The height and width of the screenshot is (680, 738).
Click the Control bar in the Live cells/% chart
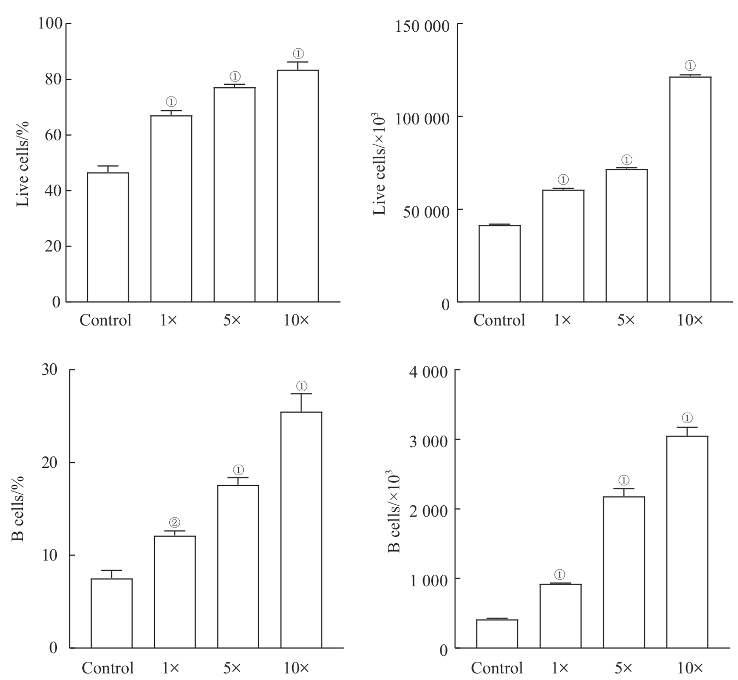click(108, 237)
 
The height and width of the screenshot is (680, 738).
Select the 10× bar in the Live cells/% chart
click(298, 186)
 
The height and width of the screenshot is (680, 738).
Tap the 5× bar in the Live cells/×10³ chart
click(626, 236)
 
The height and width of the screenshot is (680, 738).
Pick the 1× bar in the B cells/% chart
click(175, 592)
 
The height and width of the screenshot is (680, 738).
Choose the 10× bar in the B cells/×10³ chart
click(687, 542)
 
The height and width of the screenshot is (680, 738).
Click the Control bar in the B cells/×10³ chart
click(497, 634)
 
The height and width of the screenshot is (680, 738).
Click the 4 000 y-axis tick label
click(427, 371)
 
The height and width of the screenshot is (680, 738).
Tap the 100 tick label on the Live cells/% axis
click(50, 24)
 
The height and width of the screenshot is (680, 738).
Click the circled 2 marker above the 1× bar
click(175, 522)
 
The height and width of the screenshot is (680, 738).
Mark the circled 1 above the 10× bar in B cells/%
click(301, 385)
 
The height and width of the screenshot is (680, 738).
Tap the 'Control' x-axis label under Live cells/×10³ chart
click(499, 320)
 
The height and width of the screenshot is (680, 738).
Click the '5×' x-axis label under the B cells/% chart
click(232, 668)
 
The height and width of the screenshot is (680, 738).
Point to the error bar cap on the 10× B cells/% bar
click(301, 394)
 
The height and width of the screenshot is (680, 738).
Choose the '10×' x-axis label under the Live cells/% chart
click(296, 320)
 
